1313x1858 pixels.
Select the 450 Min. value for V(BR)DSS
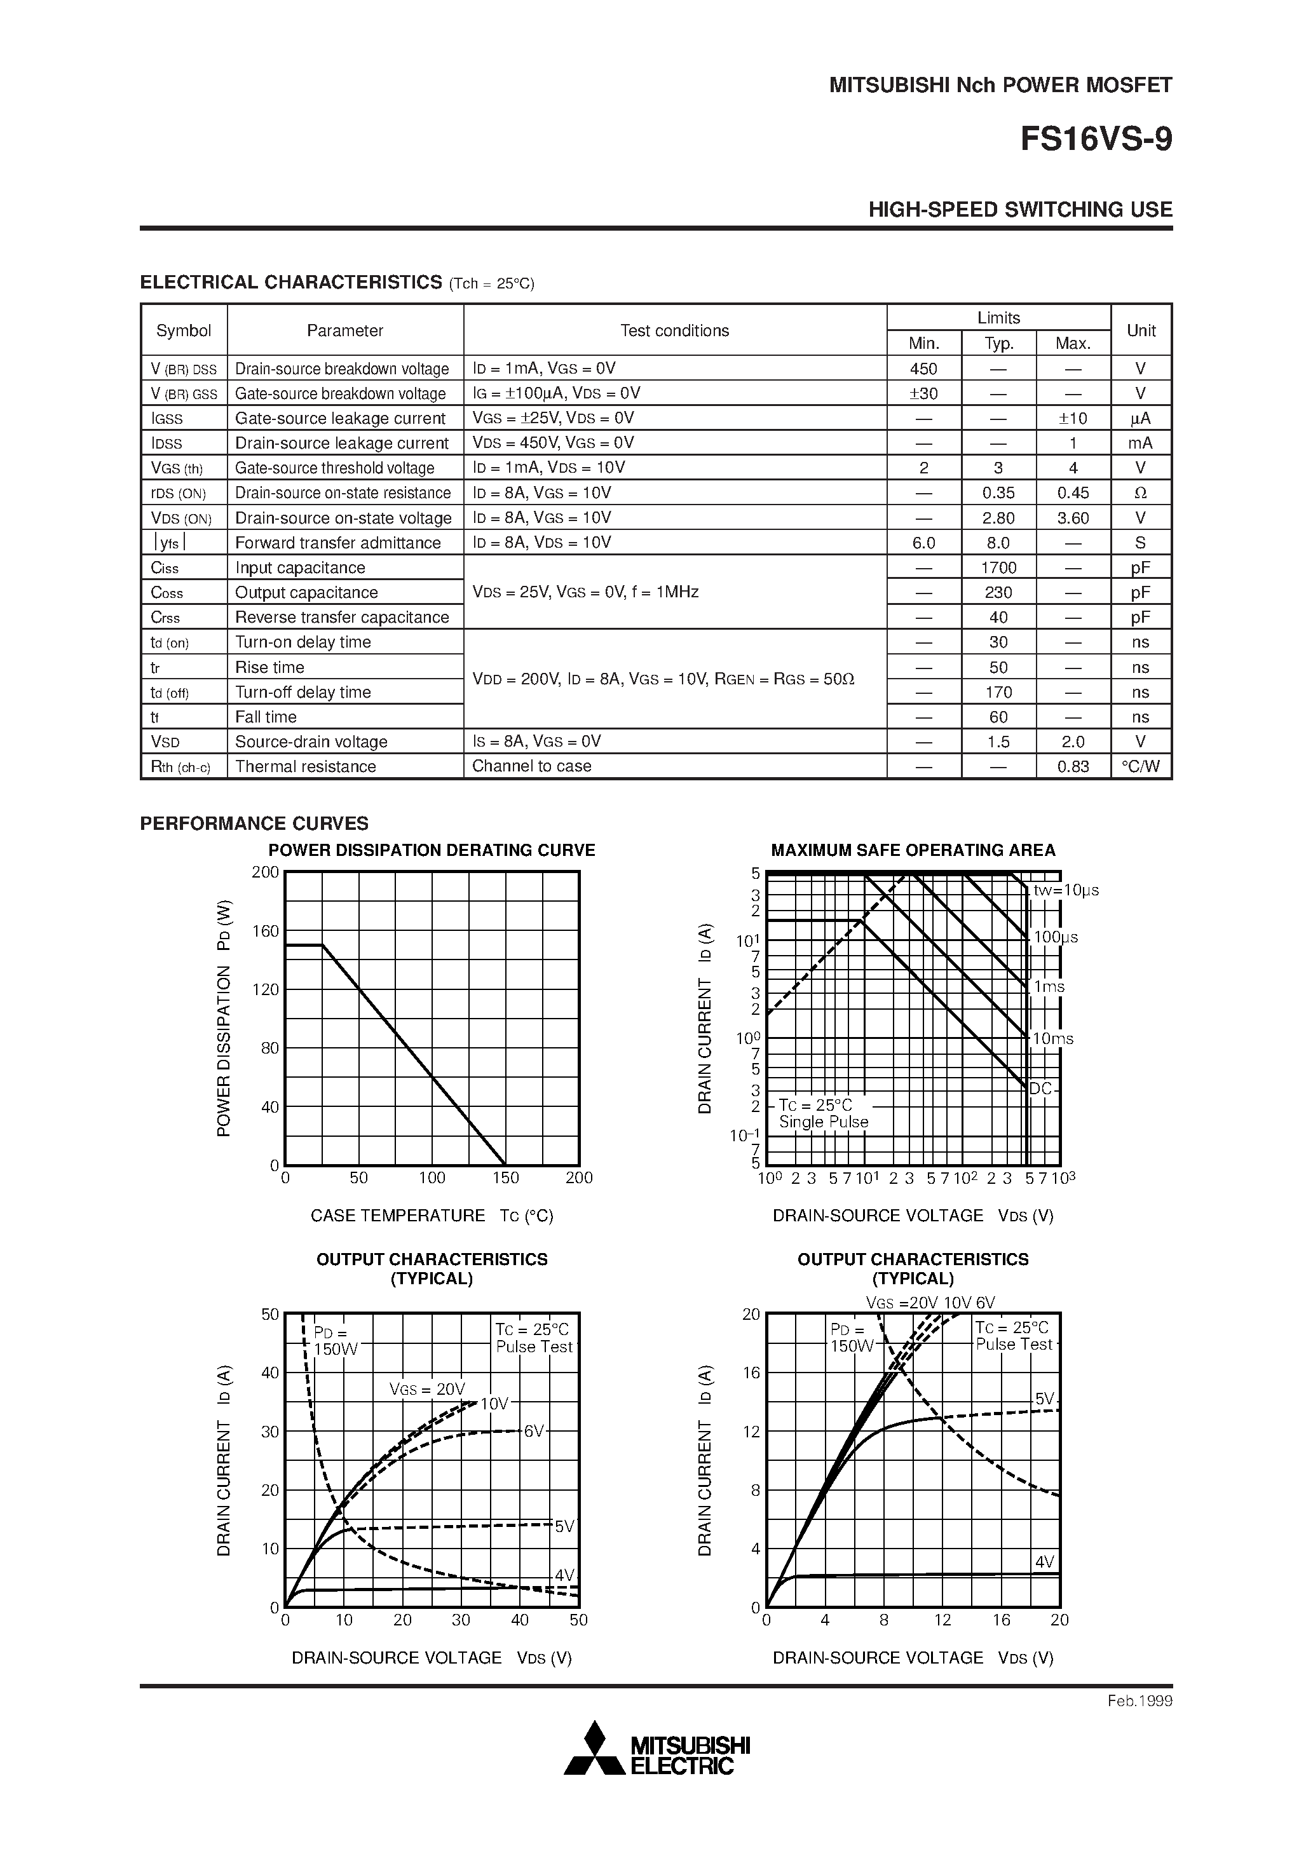click(923, 369)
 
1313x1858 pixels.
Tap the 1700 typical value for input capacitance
click(998, 568)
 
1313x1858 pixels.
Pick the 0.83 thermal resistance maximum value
click(1073, 766)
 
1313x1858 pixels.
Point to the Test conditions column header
click(674, 330)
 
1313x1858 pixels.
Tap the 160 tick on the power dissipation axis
click(266, 931)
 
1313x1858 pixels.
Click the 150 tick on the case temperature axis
click(505, 1178)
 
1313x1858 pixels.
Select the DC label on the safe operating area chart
click(1040, 1089)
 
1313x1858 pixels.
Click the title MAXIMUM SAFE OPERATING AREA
click(913, 850)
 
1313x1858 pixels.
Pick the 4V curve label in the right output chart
click(1044, 1562)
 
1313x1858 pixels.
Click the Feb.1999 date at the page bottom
click(1139, 1701)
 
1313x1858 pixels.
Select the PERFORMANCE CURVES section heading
click(254, 824)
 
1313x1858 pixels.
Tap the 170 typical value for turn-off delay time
click(998, 693)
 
